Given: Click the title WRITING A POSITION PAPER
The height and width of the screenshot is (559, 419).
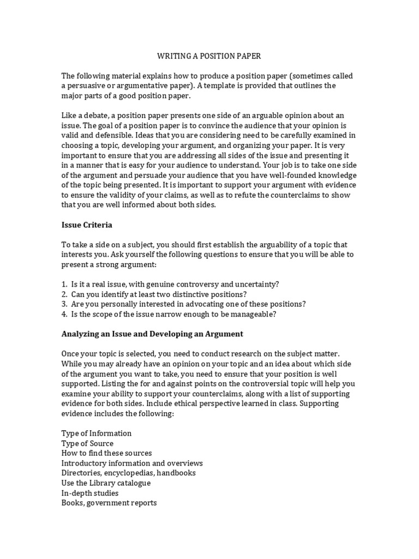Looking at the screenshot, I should tap(209, 56).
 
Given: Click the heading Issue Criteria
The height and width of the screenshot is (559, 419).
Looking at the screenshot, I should tap(87, 224).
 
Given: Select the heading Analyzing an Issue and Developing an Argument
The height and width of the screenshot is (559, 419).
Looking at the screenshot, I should tap(152, 334).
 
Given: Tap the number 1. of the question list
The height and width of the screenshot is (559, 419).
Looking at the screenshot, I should tap(64, 284).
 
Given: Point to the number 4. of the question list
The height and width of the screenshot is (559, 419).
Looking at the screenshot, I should tap(64, 314).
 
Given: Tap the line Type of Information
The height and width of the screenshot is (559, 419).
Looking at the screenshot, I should tap(97, 433).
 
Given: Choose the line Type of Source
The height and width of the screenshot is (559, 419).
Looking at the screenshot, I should tap(87, 443).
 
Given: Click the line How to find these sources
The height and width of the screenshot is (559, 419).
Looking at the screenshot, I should tap(106, 453).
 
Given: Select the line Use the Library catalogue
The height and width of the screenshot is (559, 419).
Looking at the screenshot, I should tap(106, 483).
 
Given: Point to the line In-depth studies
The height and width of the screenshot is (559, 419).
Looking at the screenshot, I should tap(90, 493).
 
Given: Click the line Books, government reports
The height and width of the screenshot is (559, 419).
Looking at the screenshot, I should tap(109, 503).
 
